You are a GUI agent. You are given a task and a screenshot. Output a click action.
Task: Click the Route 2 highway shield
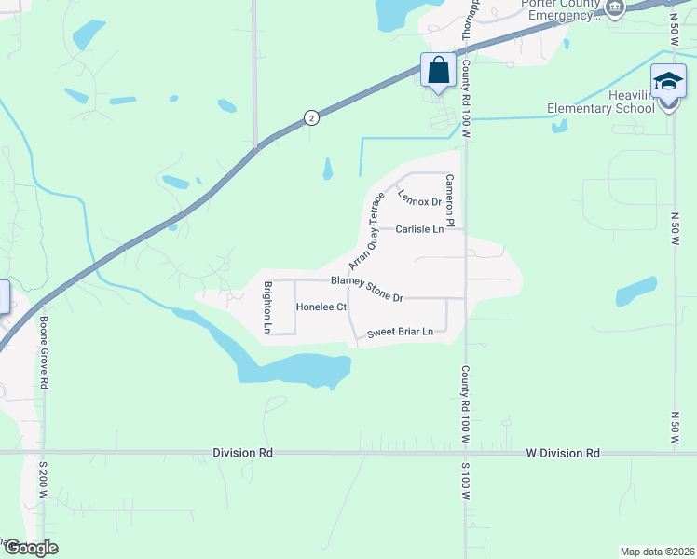pyautogui.click(x=311, y=116)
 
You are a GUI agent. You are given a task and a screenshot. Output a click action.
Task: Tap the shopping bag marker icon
pyautogui.click(x=438, y=70)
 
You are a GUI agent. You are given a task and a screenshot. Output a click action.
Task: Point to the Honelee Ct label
pyautogui.click(x=321, y=307)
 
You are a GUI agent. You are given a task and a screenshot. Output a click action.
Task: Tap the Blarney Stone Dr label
pyautogui.click(x=366, y=289)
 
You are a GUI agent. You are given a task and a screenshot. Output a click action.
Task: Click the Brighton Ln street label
pyautogui.click(x=267, y=307)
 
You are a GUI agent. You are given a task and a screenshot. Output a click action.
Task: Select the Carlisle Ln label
pyautogui.click(x=418, y=228)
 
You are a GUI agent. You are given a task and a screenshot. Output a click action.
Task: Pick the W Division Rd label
pyautogui.click(x=563, y=453)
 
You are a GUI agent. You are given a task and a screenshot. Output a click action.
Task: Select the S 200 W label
pyautogui.click(x=43, y=484)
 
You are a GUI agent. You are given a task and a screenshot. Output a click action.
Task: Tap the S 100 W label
pyautogui.click(x=464, y=485)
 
